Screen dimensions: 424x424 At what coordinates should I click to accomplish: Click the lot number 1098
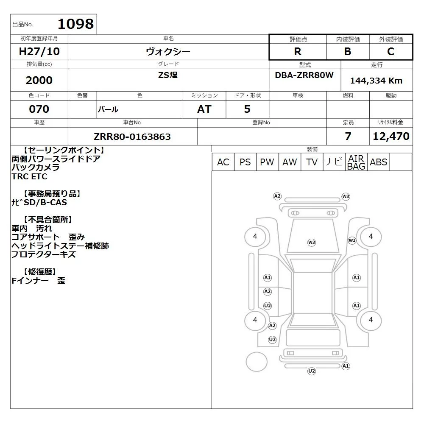point(76,24)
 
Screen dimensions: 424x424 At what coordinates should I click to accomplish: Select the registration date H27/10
point(39,51)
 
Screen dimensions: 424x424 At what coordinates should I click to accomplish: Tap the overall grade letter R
point(298,51)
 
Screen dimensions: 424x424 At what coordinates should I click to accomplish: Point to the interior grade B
point(348,51)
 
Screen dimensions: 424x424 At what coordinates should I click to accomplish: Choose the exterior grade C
point(391,51)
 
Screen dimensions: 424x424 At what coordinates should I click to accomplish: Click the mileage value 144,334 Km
point(376,81)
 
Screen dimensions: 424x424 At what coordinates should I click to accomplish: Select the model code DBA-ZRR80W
point(304,75)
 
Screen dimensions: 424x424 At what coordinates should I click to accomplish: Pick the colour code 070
point(39,109)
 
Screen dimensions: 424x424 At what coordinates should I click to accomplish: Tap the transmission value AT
point(204,109)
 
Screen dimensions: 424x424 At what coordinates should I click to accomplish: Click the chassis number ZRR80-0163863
point(132,137)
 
